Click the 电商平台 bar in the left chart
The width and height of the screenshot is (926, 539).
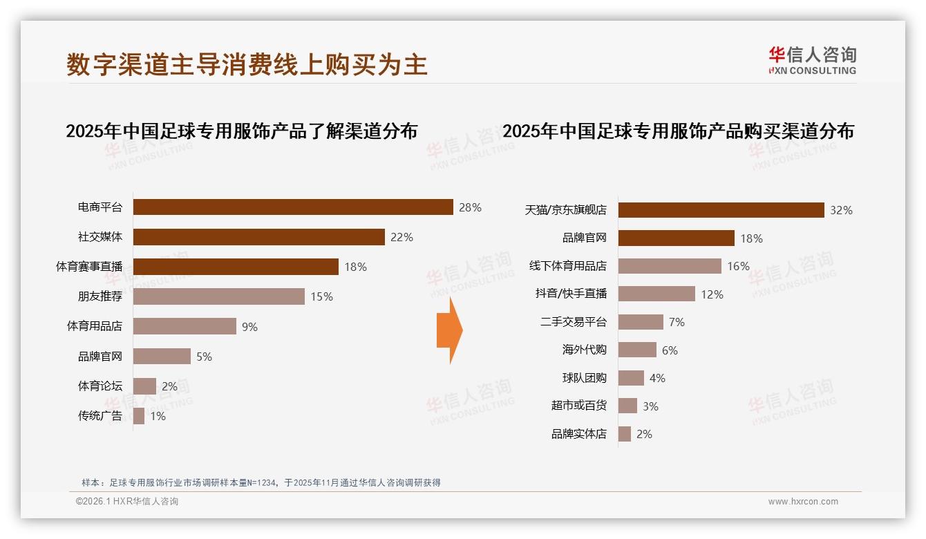[x=292, y=207]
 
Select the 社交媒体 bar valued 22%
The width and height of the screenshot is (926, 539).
[x=258, y=237]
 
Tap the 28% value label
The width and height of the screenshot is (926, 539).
[x=470, y=207]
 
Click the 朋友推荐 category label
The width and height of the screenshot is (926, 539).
[x=100, y=296]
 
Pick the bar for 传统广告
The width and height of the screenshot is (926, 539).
[x=139, y=416]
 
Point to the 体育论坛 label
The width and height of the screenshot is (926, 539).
[x=100, y=386]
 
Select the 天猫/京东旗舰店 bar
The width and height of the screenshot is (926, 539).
[x=721, y=210]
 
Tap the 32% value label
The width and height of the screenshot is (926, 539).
[x=841, y=211]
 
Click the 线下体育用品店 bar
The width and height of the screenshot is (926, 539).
[x=670, y=266]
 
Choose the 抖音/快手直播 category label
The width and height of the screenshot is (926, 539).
[x=571, y=294]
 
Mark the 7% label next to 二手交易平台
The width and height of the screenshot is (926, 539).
[x=677, y=322]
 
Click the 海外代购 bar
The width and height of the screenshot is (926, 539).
[x=637, y=350]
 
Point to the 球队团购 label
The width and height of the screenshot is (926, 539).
[x=584, y=378]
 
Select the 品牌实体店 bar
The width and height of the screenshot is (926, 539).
[x=625, y=434]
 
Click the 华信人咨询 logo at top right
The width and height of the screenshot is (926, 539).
[x=812, y=60]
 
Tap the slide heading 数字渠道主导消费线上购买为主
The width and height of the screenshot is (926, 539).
[x=247, y=64]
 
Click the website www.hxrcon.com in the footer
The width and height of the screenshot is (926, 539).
[x=803, y=502]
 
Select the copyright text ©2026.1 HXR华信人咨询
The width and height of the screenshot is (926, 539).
[x=126, y=502]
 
